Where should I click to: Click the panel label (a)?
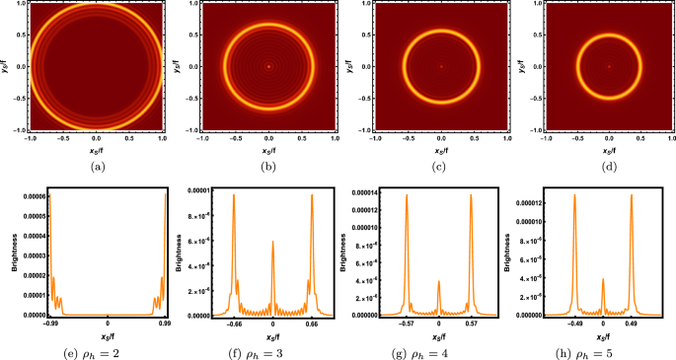[95, 169]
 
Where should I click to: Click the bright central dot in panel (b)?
[267, 67]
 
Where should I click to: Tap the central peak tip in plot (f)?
[272, 241]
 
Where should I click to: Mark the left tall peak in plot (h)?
[574, 195]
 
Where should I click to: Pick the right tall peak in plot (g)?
[471, 195]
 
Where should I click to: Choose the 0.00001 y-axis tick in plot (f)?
[202, 190]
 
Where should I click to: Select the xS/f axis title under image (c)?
[442, 153]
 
